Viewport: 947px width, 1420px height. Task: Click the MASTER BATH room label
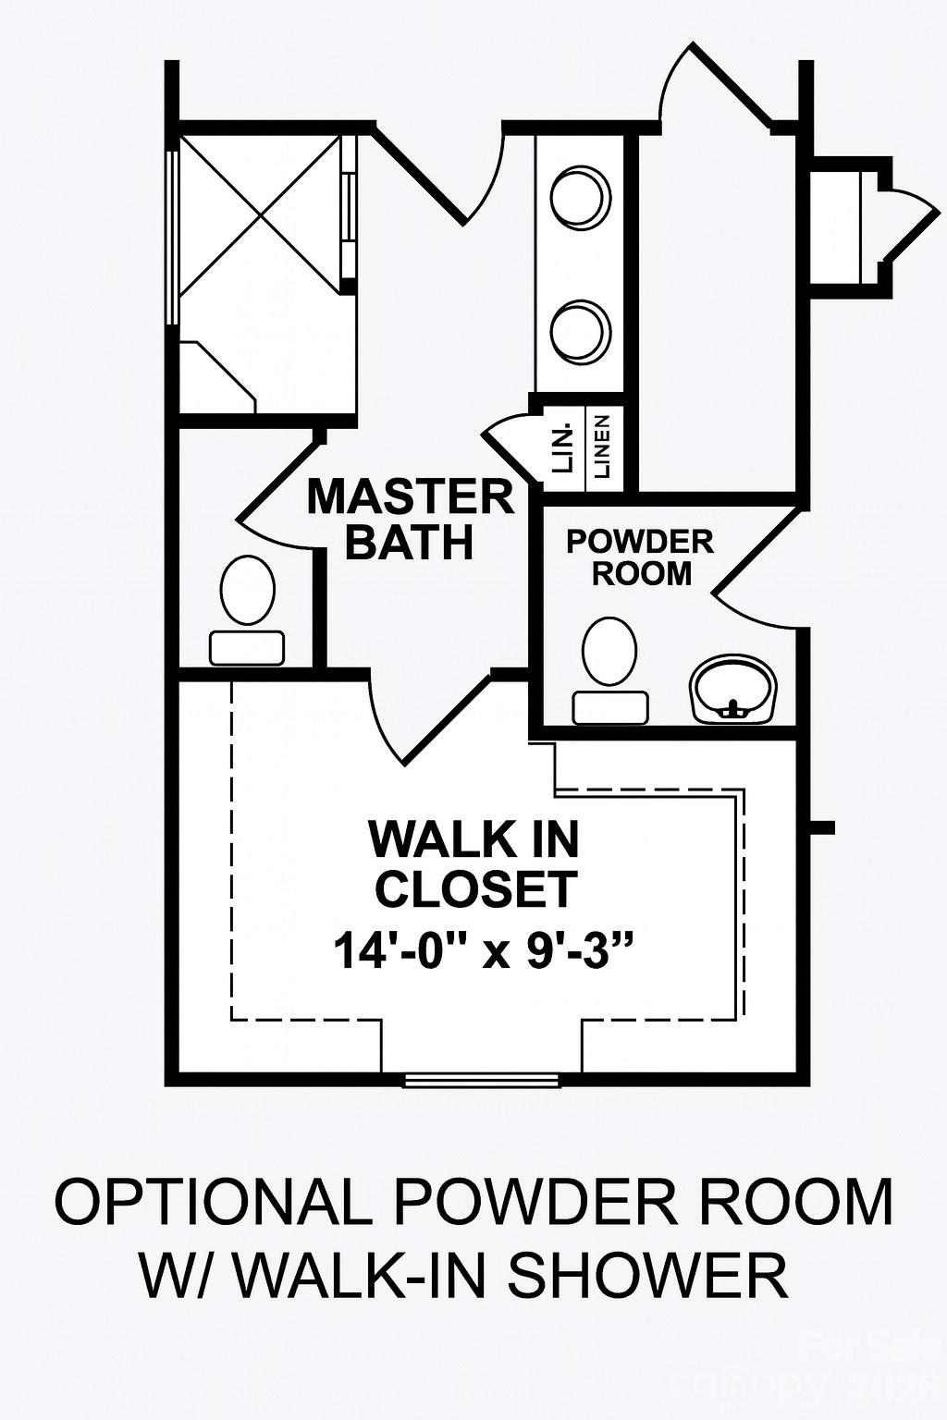coord(410,519)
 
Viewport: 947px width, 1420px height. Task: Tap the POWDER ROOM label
coord(641,557)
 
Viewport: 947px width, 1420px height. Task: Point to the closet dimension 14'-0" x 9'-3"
coord(474,951)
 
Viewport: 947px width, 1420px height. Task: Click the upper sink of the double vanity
coord(581,196)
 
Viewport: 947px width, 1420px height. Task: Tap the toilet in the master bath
coord(248,610)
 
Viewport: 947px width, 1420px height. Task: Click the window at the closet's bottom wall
coord(483,1079)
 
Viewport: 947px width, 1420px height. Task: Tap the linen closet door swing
coord(509,442)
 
